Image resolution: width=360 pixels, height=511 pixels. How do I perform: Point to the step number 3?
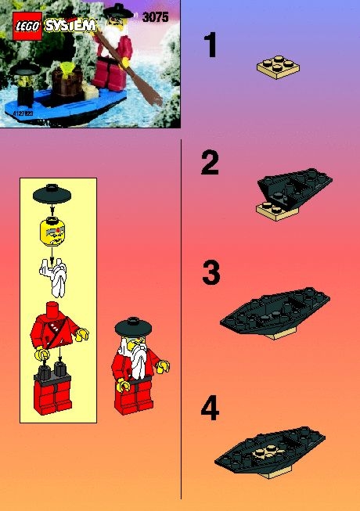tap(211, 273)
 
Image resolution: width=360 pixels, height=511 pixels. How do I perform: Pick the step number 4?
tap(210, 408)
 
